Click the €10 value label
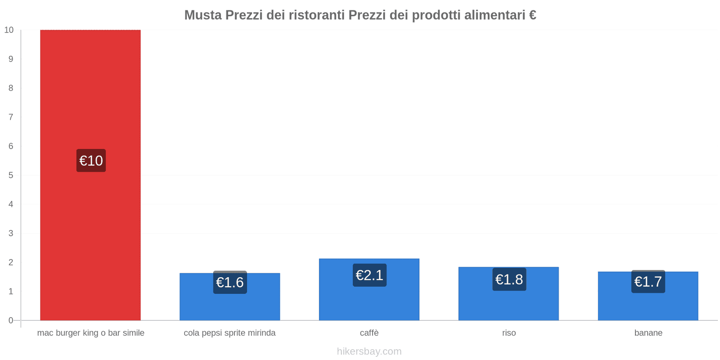click(91, 161)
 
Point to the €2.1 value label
click(369, 275)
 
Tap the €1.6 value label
click(230, 282)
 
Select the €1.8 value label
click(509, 279)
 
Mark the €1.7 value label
click(648, 282)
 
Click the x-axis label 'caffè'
click(369, 333)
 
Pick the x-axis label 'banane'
click(648, 333)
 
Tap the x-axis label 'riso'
click(509, 333)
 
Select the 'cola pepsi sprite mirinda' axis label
click(229, 333)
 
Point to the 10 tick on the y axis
click(9, 30)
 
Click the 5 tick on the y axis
click(11, 175)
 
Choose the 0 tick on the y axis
click(11, 320)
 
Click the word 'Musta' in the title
click(203, 15)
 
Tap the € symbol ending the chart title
click(532, 15)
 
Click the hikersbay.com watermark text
click(369, 351)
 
